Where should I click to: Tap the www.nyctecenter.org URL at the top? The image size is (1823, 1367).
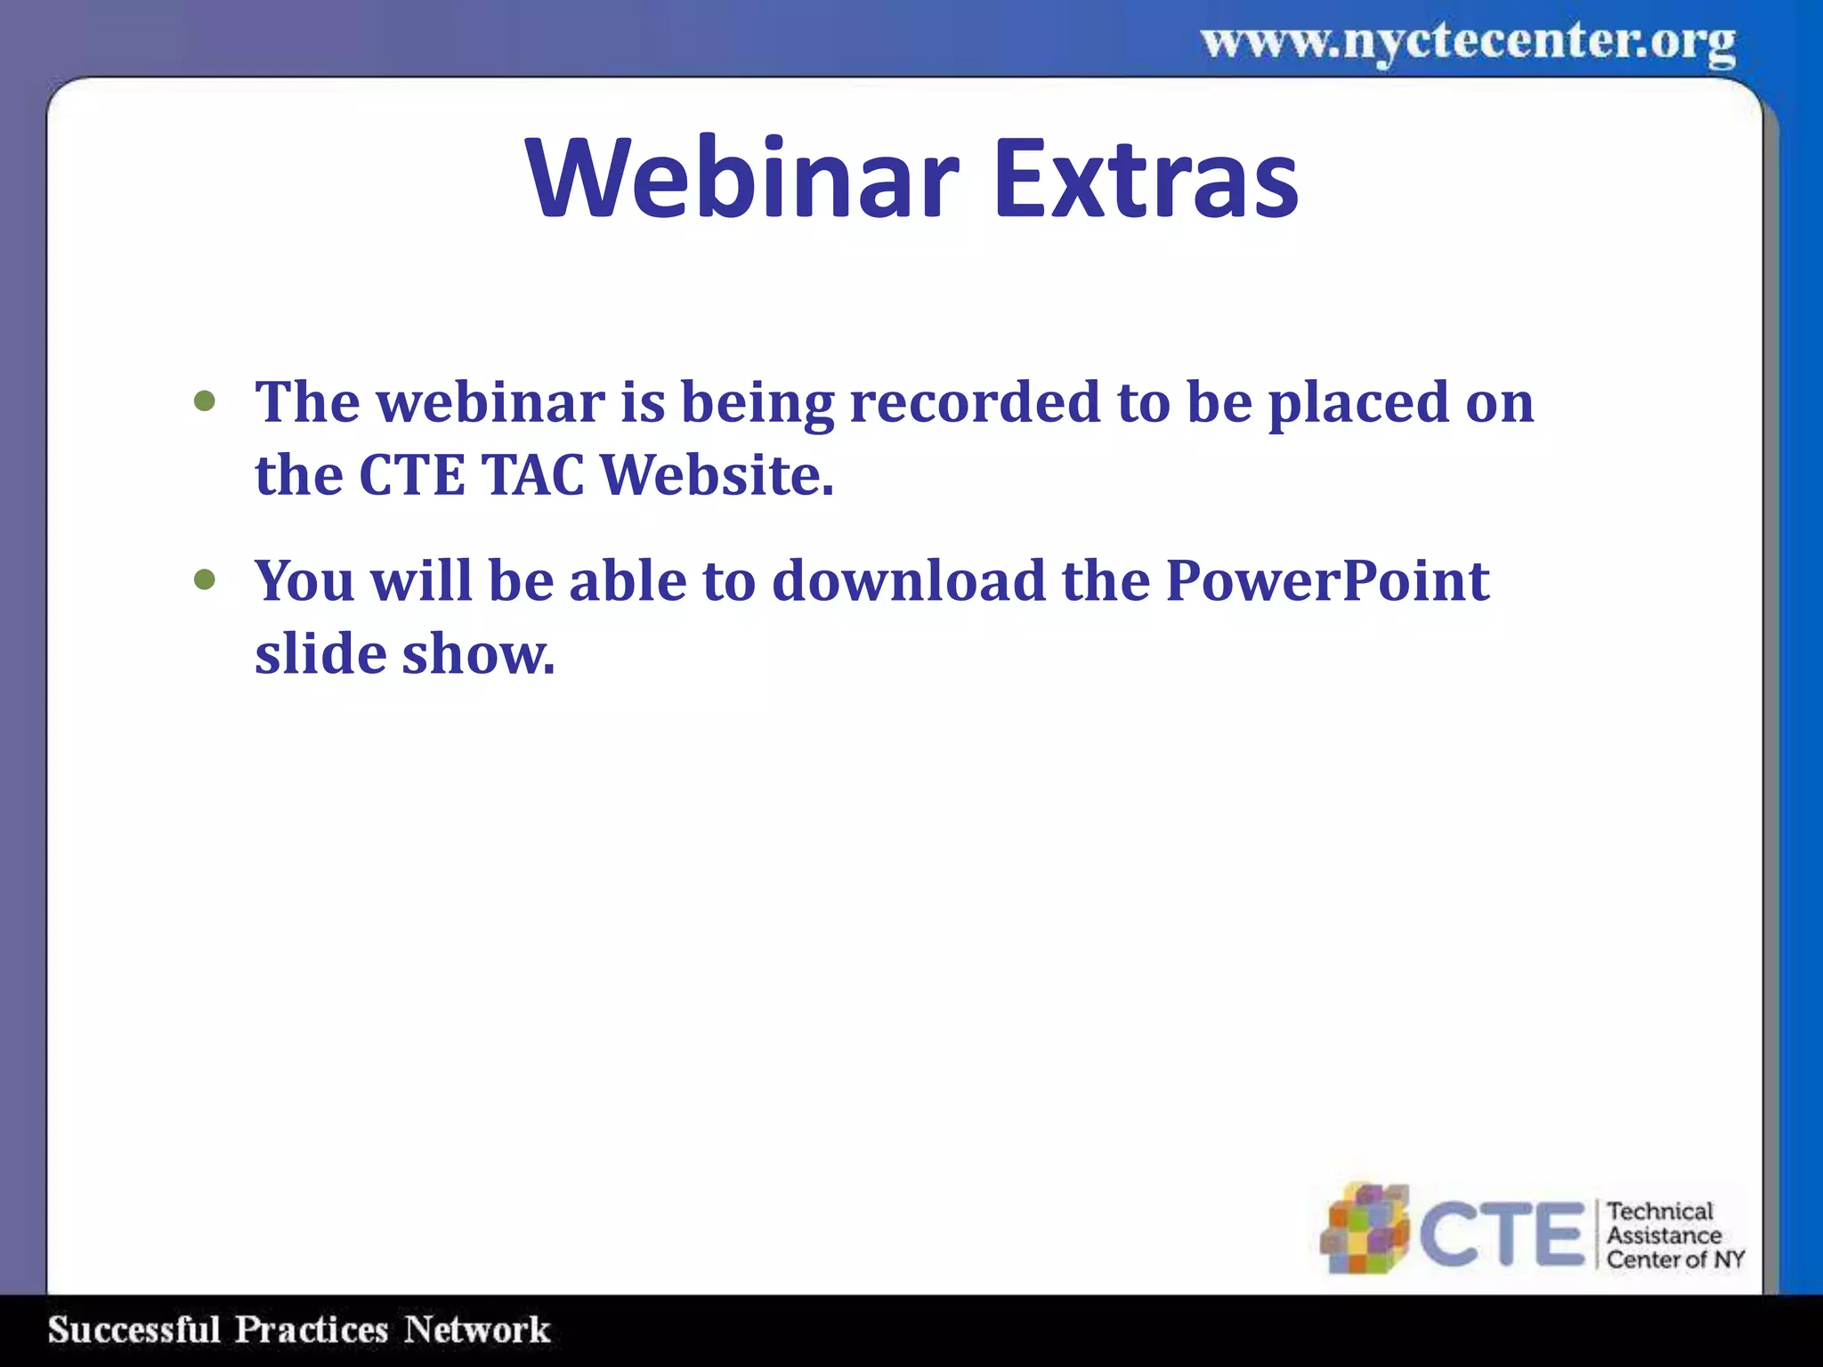coord(1468,42)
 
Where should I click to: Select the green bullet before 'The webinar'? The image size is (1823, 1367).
coord(205,401)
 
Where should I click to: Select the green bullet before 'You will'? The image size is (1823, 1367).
coord(205,580)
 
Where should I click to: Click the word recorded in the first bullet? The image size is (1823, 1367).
coord(976,402)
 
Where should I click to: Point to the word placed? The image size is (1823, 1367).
coord(1358,402)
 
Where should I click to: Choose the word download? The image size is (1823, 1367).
coord(909,581)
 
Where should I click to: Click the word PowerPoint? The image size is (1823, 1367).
coord(1327,581)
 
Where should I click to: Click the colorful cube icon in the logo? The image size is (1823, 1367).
coord(1365,1228)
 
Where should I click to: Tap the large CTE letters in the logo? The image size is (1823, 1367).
coord(1501,1234)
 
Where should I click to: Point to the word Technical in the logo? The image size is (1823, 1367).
coord(1660,1211)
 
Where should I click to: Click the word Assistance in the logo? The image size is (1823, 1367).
coord(1664,1235)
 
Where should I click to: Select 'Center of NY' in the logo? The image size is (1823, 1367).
coord(1675,1259)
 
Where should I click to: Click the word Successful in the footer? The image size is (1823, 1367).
coord(134,1330)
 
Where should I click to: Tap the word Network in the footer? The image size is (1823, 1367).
coord(477,1330)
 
